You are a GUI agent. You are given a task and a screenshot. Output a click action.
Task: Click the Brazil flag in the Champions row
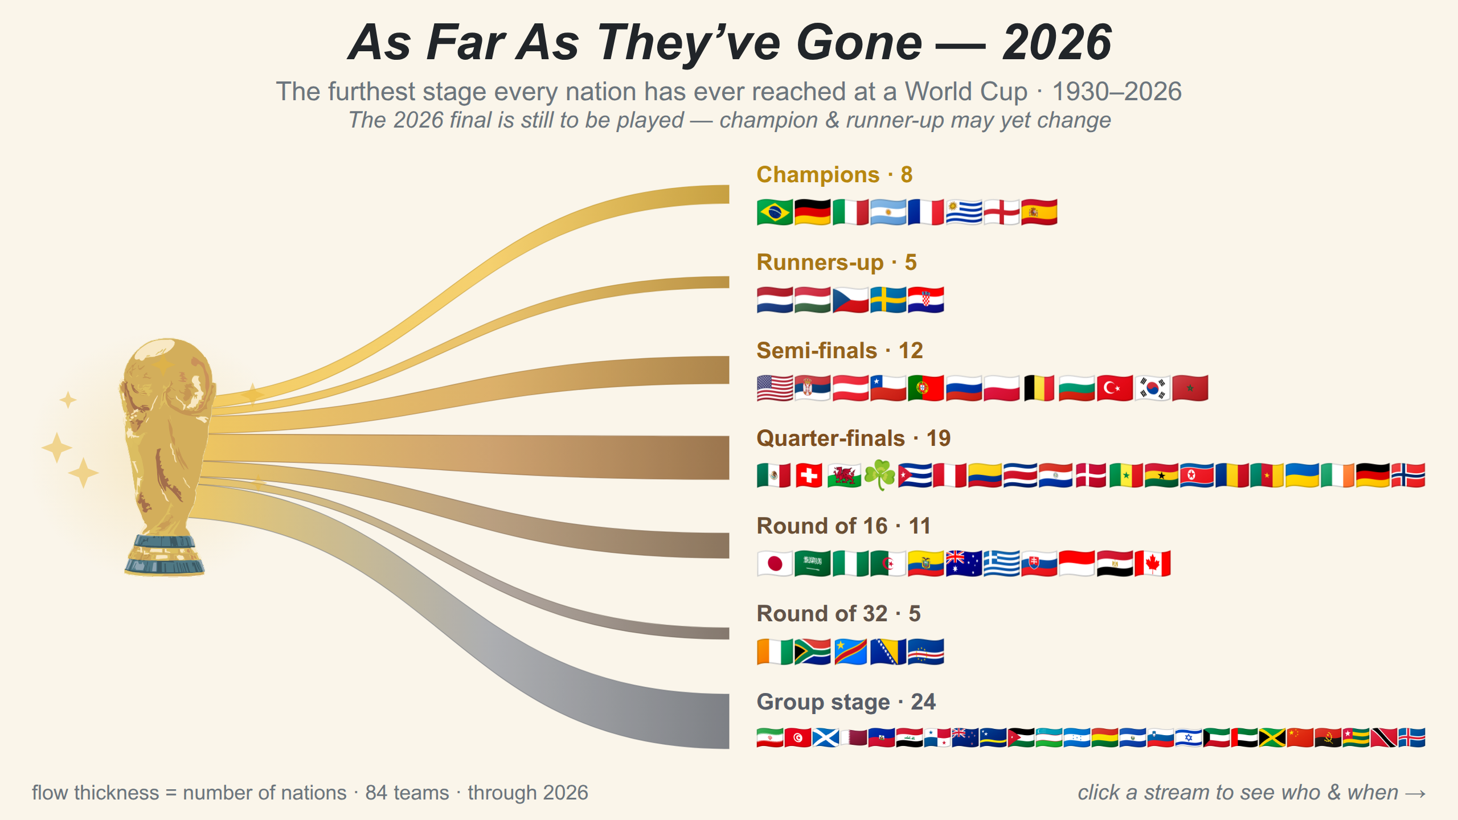tap(775, 212)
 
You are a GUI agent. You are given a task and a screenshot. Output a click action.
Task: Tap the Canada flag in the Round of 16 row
tap(1152, 564)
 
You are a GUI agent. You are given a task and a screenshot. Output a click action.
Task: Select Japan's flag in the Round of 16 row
tap(775, 564)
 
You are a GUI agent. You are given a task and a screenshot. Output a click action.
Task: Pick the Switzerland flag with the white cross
tap(809, 475)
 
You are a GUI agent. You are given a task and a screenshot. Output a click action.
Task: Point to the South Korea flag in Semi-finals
tap(1152, 388)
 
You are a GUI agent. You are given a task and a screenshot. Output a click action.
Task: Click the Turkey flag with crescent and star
tap(1115, 388)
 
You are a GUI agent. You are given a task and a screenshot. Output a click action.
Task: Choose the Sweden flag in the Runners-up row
tap(888, 300)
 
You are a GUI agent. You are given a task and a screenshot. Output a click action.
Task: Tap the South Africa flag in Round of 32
tap(812, 652)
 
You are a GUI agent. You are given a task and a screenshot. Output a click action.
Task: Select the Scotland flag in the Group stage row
tap(826, 737)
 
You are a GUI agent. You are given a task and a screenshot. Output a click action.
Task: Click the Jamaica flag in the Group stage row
tap(1272, 737)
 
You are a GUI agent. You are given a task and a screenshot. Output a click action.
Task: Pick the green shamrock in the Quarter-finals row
tap(880, 475)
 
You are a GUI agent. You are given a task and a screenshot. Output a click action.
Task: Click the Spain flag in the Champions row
tap(1039, 212)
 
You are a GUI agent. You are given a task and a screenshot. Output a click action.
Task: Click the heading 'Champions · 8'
tap(834, 175)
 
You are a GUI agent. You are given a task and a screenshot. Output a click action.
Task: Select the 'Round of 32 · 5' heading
tap(838, 614)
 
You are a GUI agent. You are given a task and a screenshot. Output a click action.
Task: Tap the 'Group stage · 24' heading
tap(846, 702)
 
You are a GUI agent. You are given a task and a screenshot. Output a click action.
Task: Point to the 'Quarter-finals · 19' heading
tap(853, 438)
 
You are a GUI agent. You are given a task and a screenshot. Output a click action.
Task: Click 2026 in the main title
tap(1057, 43)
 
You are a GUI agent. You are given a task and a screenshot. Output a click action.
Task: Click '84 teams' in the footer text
tap(407, 793)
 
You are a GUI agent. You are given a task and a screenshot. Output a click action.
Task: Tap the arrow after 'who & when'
tap(1415, 794)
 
